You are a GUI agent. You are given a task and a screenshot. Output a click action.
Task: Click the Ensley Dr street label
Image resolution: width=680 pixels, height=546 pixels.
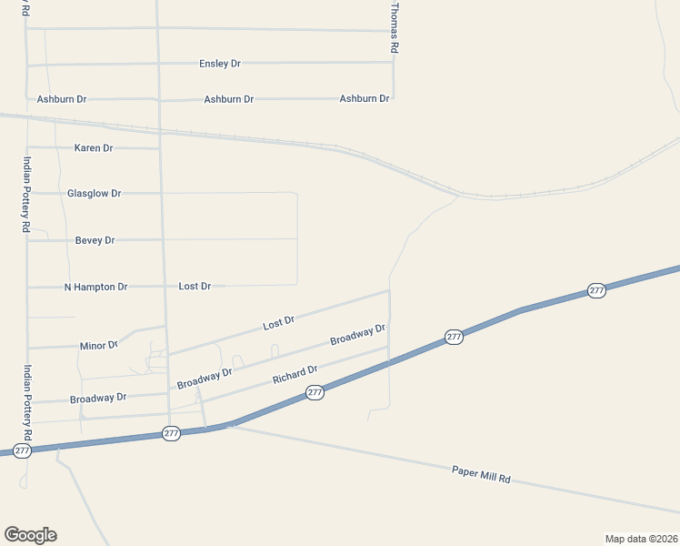coord(220,64)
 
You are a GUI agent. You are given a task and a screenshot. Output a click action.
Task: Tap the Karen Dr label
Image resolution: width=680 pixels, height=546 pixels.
coord(94,147)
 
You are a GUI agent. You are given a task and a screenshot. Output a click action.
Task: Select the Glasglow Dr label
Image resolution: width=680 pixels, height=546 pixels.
coord(94,194)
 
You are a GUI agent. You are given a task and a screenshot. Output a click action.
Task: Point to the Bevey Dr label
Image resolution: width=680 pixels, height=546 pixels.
coord(95,240)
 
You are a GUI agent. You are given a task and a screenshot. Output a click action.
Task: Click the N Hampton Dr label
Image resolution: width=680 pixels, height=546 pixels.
coord(95,287)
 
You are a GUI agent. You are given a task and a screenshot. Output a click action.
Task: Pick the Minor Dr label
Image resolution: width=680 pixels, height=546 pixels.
coord(99,346)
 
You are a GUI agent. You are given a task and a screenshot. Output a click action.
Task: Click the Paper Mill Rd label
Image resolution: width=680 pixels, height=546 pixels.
coord(481,474)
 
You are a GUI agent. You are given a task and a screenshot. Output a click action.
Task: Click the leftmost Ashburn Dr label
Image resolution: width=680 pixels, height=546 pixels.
coord(62,99)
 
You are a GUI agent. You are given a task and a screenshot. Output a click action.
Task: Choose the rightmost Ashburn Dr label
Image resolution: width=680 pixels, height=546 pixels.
coord(365,98)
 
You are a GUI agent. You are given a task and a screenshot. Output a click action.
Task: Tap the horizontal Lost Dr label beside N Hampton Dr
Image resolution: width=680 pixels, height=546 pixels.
coord(195,286)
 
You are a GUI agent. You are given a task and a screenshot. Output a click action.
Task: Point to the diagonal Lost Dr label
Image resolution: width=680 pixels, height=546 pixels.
coord(278,322)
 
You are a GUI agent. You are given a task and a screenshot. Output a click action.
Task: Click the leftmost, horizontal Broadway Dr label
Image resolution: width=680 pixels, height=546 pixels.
coord(98,398)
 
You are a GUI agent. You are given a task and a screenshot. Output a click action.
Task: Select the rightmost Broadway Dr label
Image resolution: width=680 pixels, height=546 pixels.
coord(358,334)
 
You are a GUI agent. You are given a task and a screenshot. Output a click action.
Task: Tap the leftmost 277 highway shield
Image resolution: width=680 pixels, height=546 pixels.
coord(23,450)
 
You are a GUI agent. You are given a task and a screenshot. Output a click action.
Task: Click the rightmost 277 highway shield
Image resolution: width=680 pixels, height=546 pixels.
coord(596,290)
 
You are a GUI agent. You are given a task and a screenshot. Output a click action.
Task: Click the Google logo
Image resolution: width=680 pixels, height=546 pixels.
coord(30,534)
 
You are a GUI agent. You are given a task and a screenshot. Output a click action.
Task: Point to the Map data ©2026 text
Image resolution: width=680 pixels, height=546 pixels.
coord(641,538)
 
